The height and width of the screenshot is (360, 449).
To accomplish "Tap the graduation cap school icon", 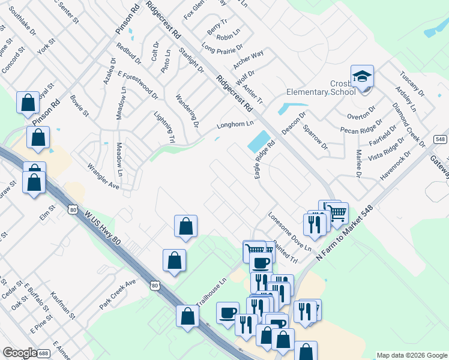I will click(362, 76).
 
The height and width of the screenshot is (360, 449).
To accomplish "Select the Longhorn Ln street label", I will click(235, 126).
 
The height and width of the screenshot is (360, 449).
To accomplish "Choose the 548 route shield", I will click(440, 138).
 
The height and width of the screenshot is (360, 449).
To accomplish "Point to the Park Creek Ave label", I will click(118, 294).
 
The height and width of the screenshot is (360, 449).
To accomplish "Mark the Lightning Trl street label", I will click(164, 127).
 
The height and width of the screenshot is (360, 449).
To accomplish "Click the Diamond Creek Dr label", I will click(408, 125).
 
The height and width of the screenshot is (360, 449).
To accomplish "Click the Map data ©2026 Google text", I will click(411, 355).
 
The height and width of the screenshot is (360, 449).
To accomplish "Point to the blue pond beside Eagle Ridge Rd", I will click(258, 142).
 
